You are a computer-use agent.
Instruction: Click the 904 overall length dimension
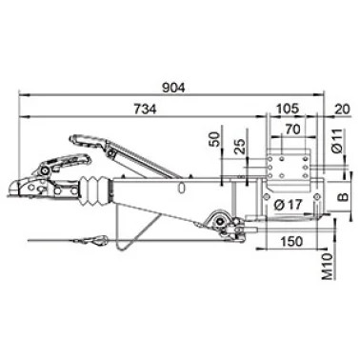point(173,88)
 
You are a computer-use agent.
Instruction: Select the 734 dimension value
point(145,110)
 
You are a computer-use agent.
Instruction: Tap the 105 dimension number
point(288,109)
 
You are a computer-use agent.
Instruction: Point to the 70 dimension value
point(293,130)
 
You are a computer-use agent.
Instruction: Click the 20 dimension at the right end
point(342,110)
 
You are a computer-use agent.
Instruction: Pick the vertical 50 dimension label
point(215,139)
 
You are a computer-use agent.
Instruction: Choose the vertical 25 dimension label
point(241,147)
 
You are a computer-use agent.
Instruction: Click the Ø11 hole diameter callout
point(339,140)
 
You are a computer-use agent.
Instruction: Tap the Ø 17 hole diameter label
point(288,205)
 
